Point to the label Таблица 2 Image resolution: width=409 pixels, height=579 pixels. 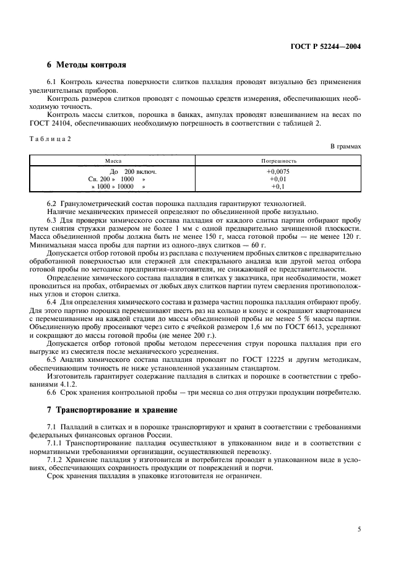[x=50, y=139]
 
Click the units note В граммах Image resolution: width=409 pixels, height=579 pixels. [x=346, y=147]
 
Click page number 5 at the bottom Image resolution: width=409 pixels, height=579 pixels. [x=359, y=529]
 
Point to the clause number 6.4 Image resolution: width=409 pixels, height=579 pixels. [x=52, y=301]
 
